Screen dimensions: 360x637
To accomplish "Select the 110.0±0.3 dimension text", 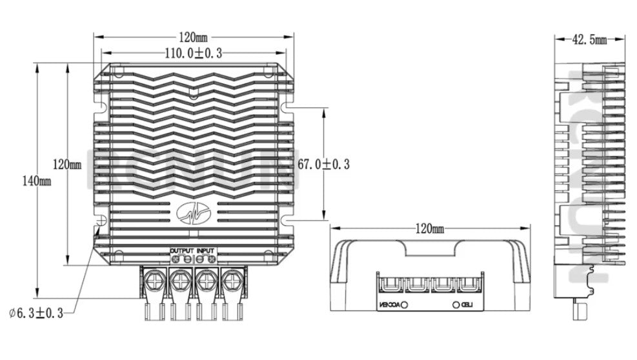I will pos(194,54).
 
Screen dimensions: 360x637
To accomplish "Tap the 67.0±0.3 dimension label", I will pos(323,165).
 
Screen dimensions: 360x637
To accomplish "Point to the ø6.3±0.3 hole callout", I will pos(36,313).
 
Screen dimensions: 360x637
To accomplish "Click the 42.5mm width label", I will pos(590,40).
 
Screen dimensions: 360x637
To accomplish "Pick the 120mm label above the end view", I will pos(429,228).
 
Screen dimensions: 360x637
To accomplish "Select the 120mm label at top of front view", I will pos(194,37).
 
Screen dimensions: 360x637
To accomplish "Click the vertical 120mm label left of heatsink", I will pos(67,165).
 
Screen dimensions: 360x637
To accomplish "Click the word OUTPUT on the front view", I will pos(181,249).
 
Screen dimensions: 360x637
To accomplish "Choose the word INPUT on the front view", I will pos(206,249).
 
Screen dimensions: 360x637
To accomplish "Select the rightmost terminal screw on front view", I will pos(230,281).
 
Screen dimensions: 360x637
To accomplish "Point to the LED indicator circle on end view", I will pos(456,304).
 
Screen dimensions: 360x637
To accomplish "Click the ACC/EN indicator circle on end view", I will pos(405,304).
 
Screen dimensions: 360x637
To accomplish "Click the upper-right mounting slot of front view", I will pos(288,102).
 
